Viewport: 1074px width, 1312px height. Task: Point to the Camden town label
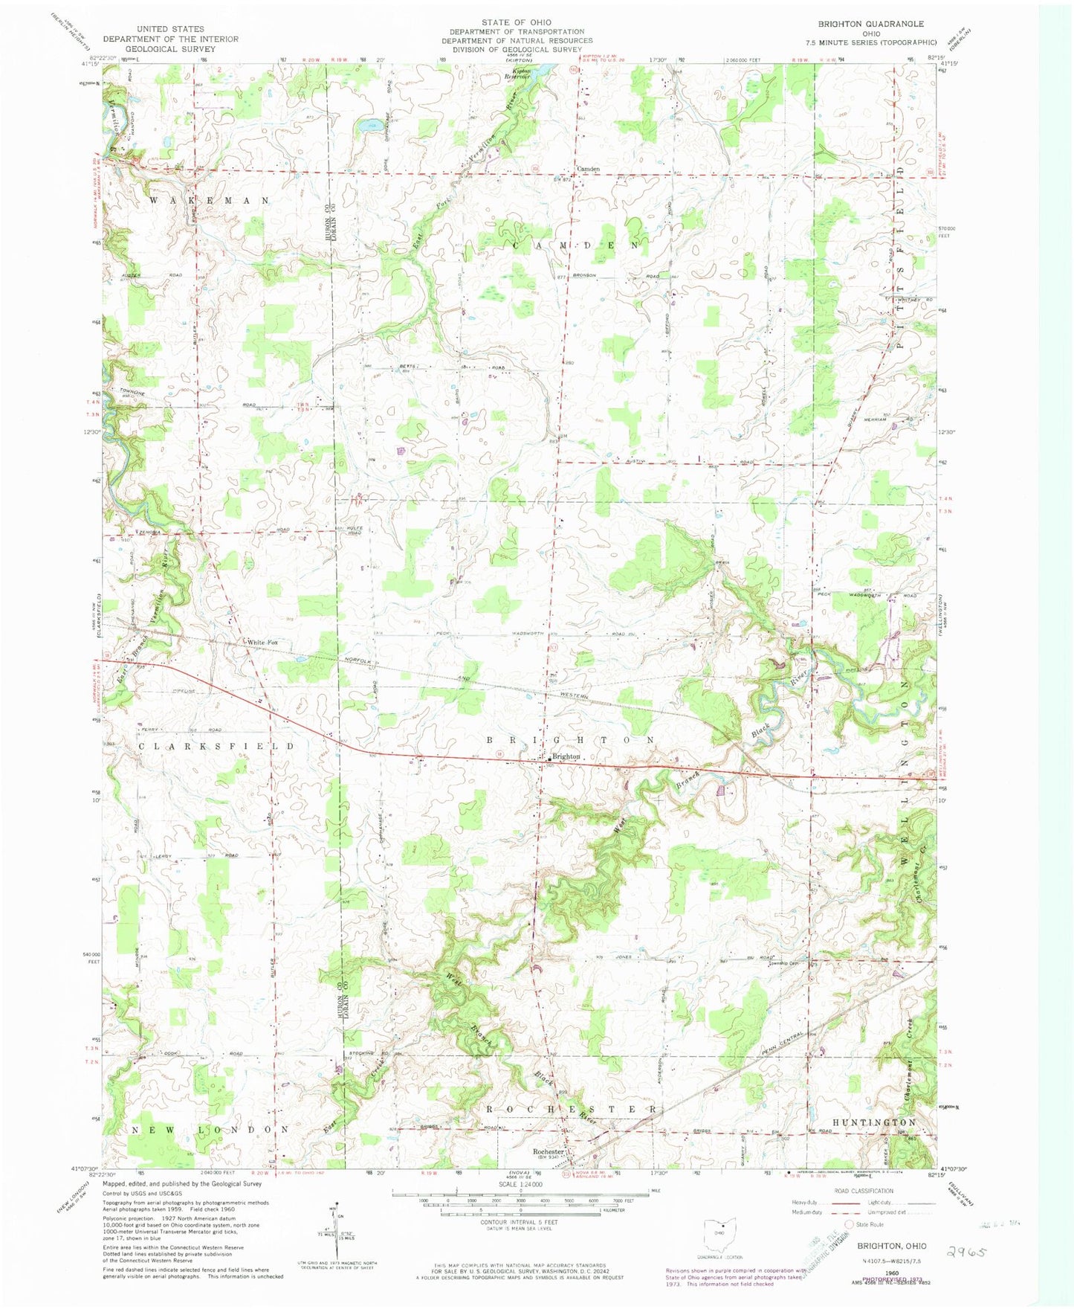click(588, 169)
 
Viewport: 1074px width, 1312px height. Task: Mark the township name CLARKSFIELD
click(216, 745)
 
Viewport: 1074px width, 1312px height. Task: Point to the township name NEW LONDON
click(210, 1130)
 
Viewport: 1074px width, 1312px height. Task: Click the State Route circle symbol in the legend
click(851, 1224)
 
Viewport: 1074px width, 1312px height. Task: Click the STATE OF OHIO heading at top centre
click(526, 22)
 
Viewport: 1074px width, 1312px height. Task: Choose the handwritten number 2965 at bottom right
click(971, 1252)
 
